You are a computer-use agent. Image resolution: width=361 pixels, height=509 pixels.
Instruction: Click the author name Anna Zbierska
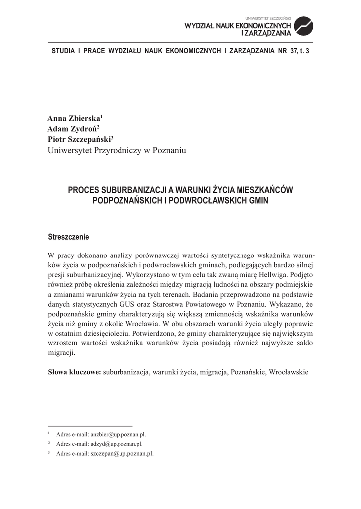(x=74, y=119)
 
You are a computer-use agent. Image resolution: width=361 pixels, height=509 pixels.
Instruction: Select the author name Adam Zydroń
(x=73, y=129)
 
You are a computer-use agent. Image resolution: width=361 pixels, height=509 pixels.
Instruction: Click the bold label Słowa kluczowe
(x=74, y=372)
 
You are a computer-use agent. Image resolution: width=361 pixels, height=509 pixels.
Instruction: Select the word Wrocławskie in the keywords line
(x=289, y=372)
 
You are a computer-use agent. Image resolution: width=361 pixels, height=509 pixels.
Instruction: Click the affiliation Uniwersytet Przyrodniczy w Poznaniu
(x=117, y=151)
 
